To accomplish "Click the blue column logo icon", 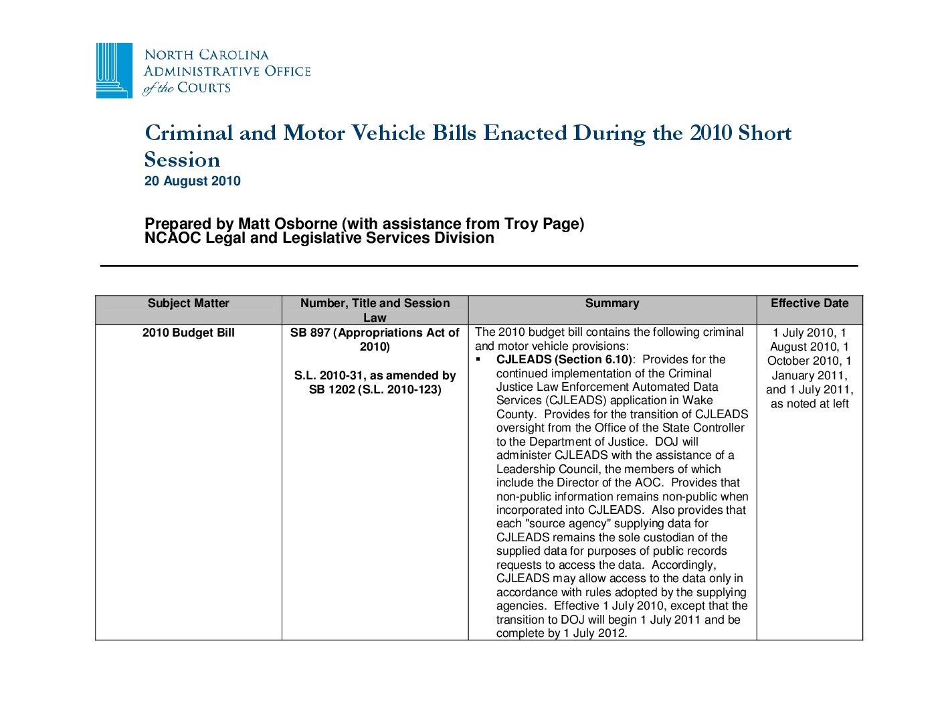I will click(x=114, y=70).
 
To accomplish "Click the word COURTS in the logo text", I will click(x=203, y=88).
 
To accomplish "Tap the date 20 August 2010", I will click(x=193, y=181).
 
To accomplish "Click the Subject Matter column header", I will click(x=188, y=303).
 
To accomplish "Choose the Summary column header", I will click(x=611, y=303).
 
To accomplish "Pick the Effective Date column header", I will click(x=810, y=303).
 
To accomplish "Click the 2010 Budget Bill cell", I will click(x=188, y=333).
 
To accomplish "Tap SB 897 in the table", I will click(x=310, y=333).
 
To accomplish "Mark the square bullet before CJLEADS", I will click(x=479, y=360).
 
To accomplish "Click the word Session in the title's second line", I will click(x=182, y=160).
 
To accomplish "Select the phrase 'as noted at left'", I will click(x=810, y=403).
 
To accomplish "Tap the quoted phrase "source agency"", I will click(x=568, y=523).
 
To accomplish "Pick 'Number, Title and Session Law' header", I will click(x=375, y=310).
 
